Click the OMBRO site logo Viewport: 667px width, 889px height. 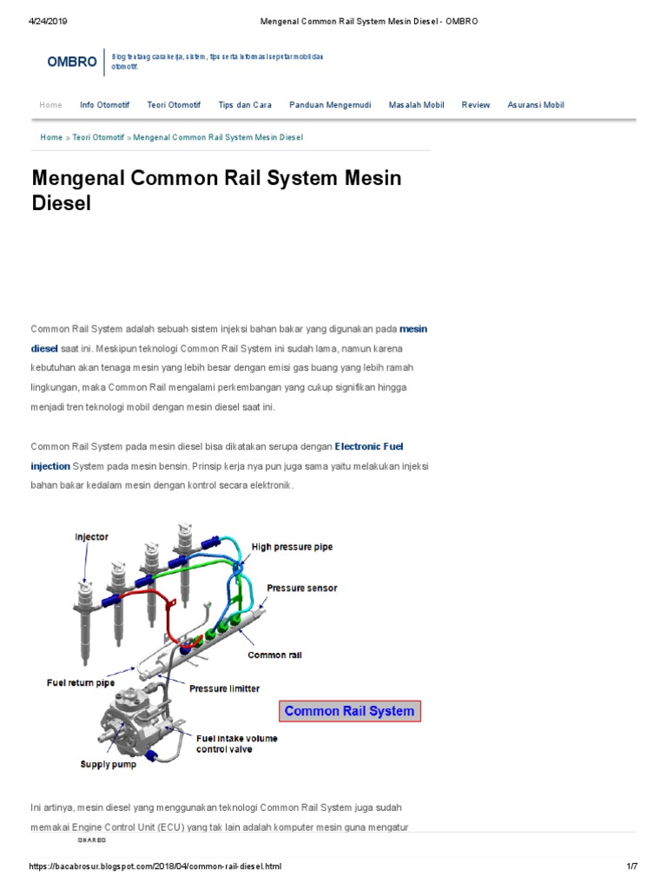[71, 63]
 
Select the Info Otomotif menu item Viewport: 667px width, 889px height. [104, 105]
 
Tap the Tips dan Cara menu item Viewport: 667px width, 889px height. [245, 105]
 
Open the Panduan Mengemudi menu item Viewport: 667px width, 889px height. [330, 105]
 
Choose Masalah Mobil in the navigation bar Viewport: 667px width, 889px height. [416, 105]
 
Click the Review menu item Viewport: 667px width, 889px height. [476, 105]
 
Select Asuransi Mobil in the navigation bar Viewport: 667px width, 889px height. [536, 105]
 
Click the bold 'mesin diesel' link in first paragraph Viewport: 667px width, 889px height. [413, 329]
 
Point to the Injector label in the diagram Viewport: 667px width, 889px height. [91, 537]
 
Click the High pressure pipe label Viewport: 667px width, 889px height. [292, 547]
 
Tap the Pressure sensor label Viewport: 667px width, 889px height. [301, 588]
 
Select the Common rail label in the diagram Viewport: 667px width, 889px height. [275, 655]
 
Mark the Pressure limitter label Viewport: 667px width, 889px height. [224, 688]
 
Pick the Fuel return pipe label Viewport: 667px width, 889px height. [82, 682]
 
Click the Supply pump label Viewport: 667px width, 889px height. [109, 765]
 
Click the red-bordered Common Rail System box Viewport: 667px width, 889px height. [349, 711]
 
